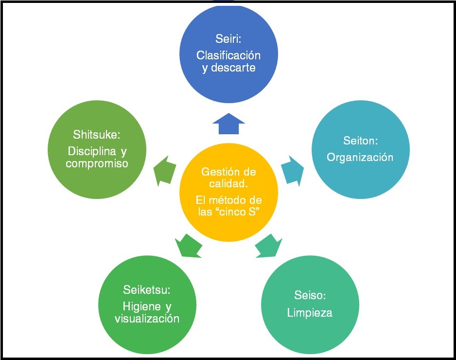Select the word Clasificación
coord(228,55)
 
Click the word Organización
coord(360,157)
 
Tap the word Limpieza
coord(310,312)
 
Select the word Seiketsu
coord(146,290)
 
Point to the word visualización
coord(147,319)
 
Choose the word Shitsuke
coord(97,134)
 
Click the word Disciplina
coord(90,151)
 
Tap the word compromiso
coord(97,163)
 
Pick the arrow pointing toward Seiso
coord(268,246)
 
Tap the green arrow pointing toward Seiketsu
coord(188,246)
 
